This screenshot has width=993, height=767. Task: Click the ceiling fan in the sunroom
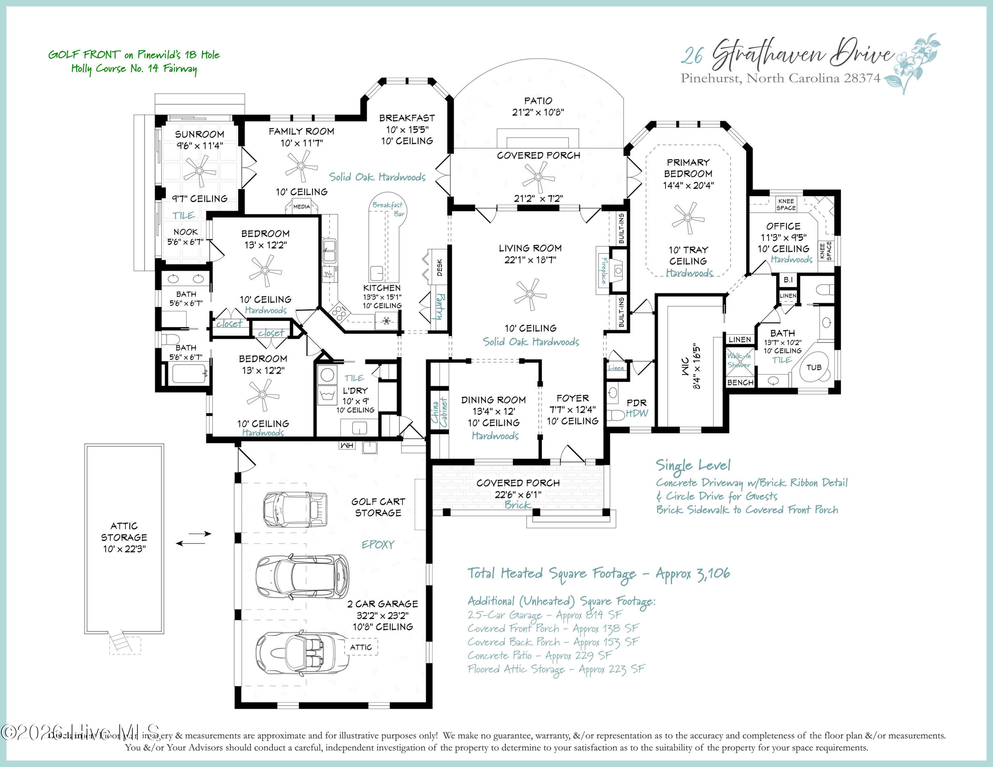click(199, 171)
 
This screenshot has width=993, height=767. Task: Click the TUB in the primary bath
click(814, 367)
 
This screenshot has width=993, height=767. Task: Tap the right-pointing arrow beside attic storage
click(200, 533)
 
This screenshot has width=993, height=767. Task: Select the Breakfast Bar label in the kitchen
click(388, 209)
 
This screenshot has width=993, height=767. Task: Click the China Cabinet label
click(439, 412)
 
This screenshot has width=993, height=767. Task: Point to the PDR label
click(636, 403)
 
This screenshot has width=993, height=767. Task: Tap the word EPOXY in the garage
click(378, 544)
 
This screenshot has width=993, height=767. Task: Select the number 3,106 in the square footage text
click(713, 573)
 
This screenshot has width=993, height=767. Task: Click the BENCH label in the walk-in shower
click(740, 383)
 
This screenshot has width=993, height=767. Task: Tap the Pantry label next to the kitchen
click(440, 307)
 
